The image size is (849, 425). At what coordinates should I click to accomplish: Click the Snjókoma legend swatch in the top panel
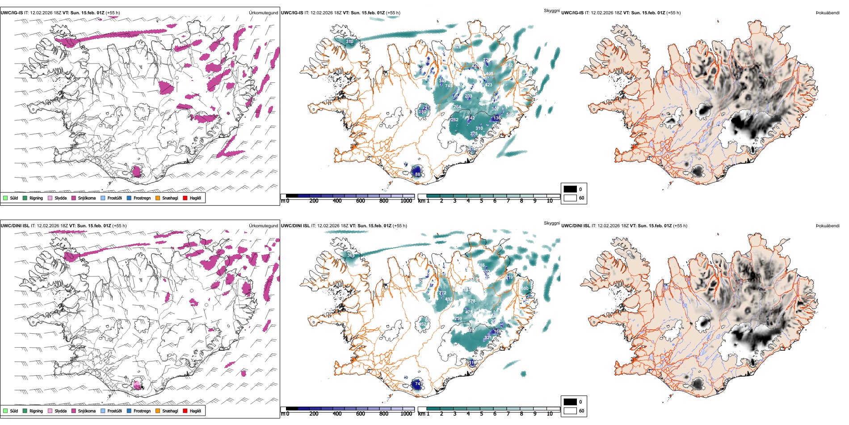point(74,198)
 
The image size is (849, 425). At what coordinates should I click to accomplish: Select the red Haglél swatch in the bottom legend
point(185,411)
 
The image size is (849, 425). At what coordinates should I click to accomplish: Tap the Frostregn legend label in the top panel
point(142,198)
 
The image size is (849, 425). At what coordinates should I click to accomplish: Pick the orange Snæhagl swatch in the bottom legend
point(158,411)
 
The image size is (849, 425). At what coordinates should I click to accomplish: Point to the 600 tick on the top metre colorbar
point(361,201)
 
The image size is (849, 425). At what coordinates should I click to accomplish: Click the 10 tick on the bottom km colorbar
point(550,414)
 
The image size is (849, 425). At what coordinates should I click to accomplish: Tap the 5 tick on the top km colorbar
point(482,201)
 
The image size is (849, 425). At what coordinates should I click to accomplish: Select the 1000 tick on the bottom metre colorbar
point(406,414)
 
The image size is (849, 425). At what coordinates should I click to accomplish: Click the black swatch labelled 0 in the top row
point(570,189)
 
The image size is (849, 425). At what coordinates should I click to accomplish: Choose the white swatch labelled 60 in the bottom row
point(570,411)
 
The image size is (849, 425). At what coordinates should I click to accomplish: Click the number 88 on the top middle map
point(417,174)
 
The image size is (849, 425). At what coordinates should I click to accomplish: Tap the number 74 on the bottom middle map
point(417,384)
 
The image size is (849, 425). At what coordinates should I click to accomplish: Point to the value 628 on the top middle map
point(457,47)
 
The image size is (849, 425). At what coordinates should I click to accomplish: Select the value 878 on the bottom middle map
point(471,301)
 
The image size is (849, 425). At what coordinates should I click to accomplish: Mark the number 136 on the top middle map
point(497,119)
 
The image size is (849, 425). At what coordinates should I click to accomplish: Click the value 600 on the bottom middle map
point(525,289)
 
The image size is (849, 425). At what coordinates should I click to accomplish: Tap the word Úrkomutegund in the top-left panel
point(263,13)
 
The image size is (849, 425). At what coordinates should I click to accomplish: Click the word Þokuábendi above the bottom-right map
point(828,226)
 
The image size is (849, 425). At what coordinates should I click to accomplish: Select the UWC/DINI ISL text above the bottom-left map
point(15,226)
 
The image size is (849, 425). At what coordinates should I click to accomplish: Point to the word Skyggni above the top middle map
point(552,11)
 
